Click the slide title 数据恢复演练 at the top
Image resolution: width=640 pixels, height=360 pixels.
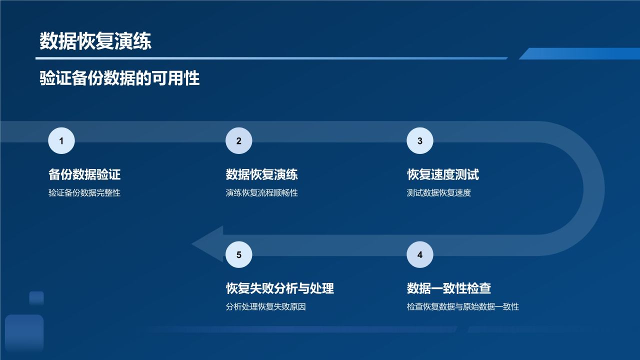[x=95, y=42]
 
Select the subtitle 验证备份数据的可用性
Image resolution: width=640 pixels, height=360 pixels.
[x=119, y=78]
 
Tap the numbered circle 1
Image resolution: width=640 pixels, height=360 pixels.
[x=61, y=141]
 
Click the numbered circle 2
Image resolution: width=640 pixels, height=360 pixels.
[x=238, y=141]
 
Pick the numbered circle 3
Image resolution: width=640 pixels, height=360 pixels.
[x=419, y=141]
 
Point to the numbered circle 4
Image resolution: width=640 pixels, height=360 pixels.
[x=419, y=255]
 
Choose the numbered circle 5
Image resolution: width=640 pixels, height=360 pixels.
[x=238, y=255]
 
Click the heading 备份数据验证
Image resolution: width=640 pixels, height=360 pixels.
[x=84, y=174]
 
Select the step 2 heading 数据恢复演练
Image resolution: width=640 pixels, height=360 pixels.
[x=261, y=174]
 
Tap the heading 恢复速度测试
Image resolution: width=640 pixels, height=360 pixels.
[x=443, y=174]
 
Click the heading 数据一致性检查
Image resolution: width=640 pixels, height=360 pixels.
[x=448, y=288]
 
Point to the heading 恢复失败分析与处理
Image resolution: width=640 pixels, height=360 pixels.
[x=279, y=288]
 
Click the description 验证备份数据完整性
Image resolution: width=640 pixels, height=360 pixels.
[x=84, y=193]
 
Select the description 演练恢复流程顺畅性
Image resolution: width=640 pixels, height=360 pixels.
[x=261, y=193]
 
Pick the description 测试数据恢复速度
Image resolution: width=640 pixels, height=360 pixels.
[x=438, y=193]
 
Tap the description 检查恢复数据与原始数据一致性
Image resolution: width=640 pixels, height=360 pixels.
[x=462, y=306]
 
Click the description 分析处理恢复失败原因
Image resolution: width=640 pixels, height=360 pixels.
[x=265, y=306]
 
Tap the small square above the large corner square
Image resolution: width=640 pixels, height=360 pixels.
[x=36, y=298]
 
